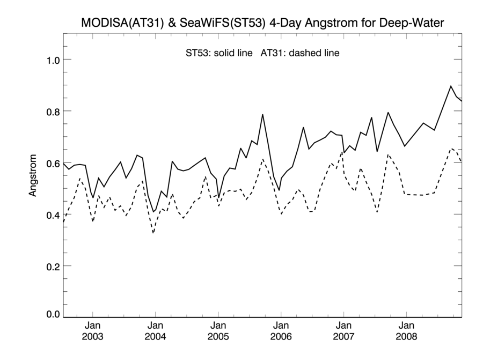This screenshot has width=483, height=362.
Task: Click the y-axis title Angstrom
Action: tap(33, 175)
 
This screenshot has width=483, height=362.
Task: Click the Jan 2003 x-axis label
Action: tap(92, 331)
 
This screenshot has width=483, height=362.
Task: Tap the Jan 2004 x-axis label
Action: tap(155, 331)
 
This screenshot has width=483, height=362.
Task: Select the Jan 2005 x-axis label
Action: tap(218, 331)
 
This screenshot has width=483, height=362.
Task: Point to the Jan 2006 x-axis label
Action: tap(281, 331)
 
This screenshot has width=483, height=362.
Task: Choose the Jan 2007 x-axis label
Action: tap(343, 331)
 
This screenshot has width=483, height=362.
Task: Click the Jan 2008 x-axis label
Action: tap(406, 331)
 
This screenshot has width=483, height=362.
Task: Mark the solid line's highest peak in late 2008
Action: tap(451, 86)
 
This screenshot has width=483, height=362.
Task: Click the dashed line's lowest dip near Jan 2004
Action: tap(153, 233)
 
